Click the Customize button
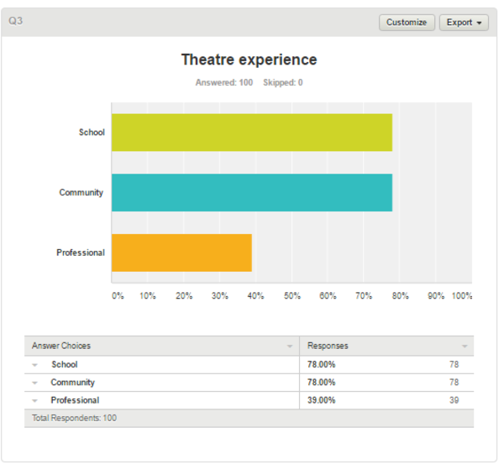pos(407,23)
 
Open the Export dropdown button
pos(464,23)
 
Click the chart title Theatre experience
pos(249,60)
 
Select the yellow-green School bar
pos(252,133)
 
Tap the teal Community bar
pos(252,193)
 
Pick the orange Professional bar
pos(182,253)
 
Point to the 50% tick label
pos(291,295)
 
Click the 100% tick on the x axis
pos(462,295)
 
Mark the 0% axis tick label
pos(118,295)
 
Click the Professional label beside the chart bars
pos(81,253)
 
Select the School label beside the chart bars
pos(92,133)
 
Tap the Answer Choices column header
pos(61,346)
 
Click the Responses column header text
pos(328,346)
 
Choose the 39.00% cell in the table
pos(322,400)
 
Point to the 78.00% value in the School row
pos(322,364)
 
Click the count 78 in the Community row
pos(454,383)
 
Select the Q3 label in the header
pos(15,21)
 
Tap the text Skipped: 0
pos(283,82)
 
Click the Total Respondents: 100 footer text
pos(74,418)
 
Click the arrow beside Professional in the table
pos(35,401)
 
